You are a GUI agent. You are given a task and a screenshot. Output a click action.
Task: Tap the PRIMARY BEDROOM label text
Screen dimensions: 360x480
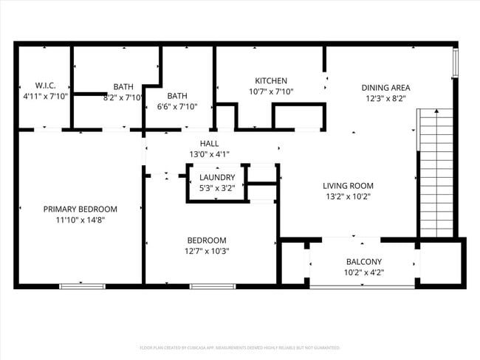click(80, 209)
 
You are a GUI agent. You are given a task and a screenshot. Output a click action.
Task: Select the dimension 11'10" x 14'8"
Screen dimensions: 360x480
click(80, 219)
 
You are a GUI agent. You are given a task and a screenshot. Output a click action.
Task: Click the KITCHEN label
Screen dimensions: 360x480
click(271, 81)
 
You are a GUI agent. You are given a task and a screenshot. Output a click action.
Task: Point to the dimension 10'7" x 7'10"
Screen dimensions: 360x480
click(271, 91)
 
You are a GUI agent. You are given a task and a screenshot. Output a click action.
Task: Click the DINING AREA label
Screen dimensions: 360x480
click(385, 87)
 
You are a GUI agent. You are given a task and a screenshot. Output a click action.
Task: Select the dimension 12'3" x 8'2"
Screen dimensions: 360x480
click(385, 97)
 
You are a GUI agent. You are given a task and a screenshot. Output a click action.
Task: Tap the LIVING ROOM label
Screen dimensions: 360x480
click(348, 186)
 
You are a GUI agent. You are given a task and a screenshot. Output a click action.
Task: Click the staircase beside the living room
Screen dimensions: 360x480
click(435, 173)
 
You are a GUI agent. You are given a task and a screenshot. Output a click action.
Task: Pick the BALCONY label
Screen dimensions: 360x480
click(364, 262)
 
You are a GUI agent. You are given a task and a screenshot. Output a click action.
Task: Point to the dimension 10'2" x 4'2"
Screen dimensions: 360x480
click(364, 272)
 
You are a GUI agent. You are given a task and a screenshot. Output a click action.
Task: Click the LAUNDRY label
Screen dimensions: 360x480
click(217, 178)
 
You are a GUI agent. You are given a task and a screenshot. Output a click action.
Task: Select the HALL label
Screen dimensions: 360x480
click(209, 144)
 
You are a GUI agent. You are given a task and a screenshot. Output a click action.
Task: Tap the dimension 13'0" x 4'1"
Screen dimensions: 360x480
click(209, 154)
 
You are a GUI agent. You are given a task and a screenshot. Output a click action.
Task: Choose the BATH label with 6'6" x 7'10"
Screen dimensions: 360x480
click(177, 96)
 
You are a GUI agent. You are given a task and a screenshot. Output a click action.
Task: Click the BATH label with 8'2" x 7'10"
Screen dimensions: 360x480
click(123, 86)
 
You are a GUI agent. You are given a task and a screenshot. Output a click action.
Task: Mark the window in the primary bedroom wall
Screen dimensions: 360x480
click(79, 286)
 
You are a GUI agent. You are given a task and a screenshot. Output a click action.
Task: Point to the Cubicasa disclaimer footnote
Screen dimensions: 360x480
click(239, 347)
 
